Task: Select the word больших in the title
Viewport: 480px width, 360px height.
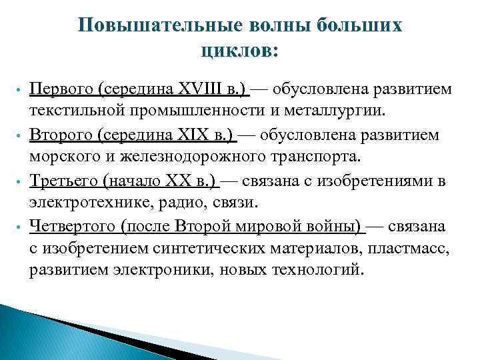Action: (359, 25)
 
